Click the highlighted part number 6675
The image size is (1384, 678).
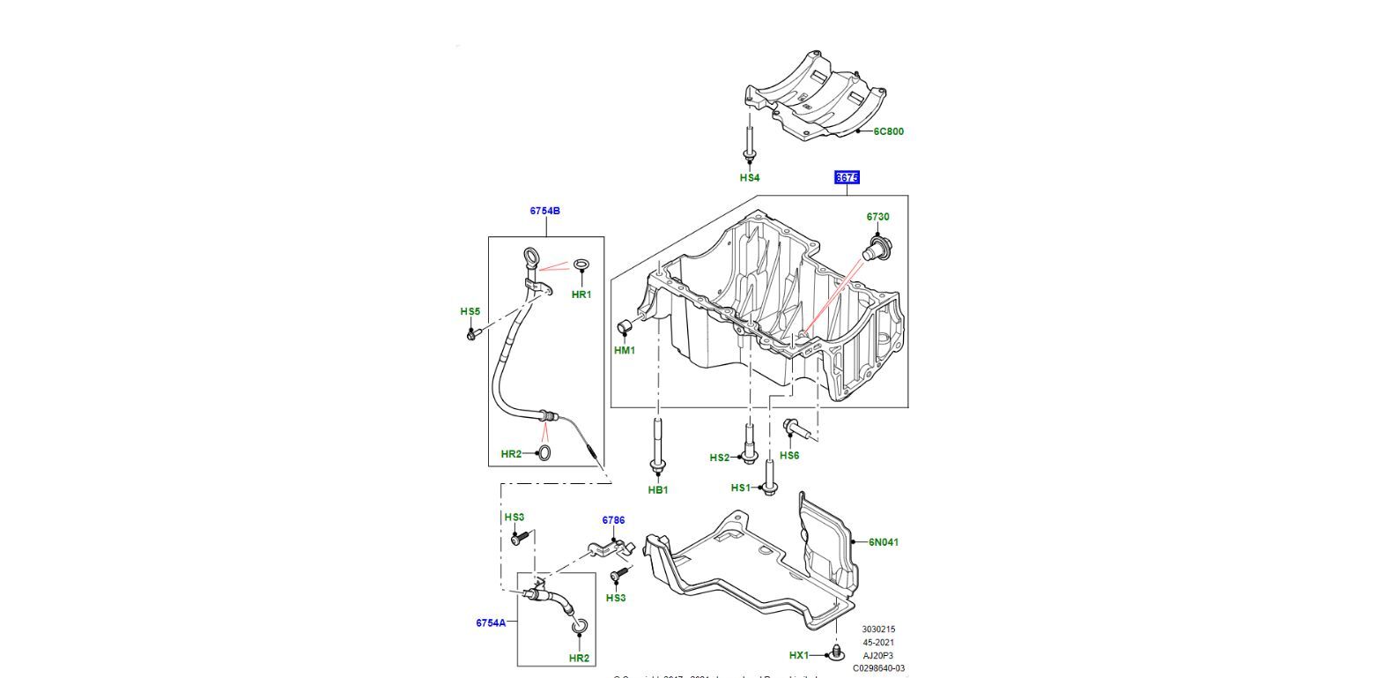(x=847, y=178)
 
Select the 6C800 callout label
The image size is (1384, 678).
(x=888, y=131)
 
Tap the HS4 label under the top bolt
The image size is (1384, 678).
(x=749, y=178)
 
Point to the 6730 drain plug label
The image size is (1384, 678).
(x=877, y=217)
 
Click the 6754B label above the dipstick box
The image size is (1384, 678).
(x=544, y=211)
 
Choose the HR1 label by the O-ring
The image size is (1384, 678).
(x=581, y=294)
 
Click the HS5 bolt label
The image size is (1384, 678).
(x=470, y=311)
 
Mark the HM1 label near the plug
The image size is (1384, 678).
(x=625, y=351)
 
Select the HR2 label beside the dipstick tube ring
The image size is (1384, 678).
(x=511, y=454)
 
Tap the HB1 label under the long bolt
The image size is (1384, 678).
(x=658, y=490)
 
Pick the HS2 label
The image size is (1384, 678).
(x=720, y=458)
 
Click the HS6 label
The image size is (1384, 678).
(x=789, y=456)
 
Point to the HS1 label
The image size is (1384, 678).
(x=741, y=488)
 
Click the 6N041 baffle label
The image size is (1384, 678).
(x=884, y=542)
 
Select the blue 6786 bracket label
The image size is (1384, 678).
(x=613, y=520)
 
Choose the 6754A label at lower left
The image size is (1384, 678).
(x=491, y=622)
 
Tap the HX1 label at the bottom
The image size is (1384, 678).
(x=798, y=655)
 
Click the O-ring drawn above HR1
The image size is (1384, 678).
(x=581, y=265)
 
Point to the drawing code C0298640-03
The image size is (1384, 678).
(x=878, y=668)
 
